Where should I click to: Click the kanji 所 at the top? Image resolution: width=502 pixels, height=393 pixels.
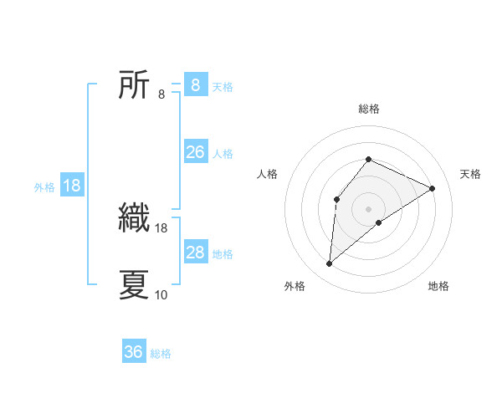point(135,85)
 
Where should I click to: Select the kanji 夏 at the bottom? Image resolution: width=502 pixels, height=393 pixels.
point(135,284)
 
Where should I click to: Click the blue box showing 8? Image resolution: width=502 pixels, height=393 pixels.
point(195,85)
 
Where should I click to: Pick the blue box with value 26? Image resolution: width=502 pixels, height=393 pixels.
point(195,152)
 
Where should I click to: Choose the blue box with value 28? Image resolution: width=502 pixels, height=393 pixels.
point(195,253)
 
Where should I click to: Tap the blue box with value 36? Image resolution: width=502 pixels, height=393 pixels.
point(134,352)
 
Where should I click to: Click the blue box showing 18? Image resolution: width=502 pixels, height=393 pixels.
point(72,186)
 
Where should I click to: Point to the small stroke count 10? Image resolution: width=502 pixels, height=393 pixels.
point(161,294)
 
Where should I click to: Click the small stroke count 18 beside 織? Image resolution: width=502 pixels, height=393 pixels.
point(161,227)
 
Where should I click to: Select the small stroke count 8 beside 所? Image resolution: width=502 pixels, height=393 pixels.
point(161,94)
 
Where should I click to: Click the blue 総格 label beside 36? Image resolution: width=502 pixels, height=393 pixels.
point(161,354)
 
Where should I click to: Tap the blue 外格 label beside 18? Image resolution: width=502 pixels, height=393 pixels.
point(44,187)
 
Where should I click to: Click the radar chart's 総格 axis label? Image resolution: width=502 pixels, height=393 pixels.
point(369,109)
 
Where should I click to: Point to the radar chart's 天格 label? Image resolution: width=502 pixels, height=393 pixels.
point(471,174)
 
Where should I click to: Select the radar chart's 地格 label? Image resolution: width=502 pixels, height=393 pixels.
point(438,287)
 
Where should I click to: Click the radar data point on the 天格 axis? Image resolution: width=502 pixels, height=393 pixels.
point(433,188)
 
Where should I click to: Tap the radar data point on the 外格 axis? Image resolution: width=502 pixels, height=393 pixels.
point(330,264)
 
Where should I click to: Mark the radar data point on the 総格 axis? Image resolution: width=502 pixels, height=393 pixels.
point(369,159)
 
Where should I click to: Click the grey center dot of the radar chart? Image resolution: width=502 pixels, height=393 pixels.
point(369,208)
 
